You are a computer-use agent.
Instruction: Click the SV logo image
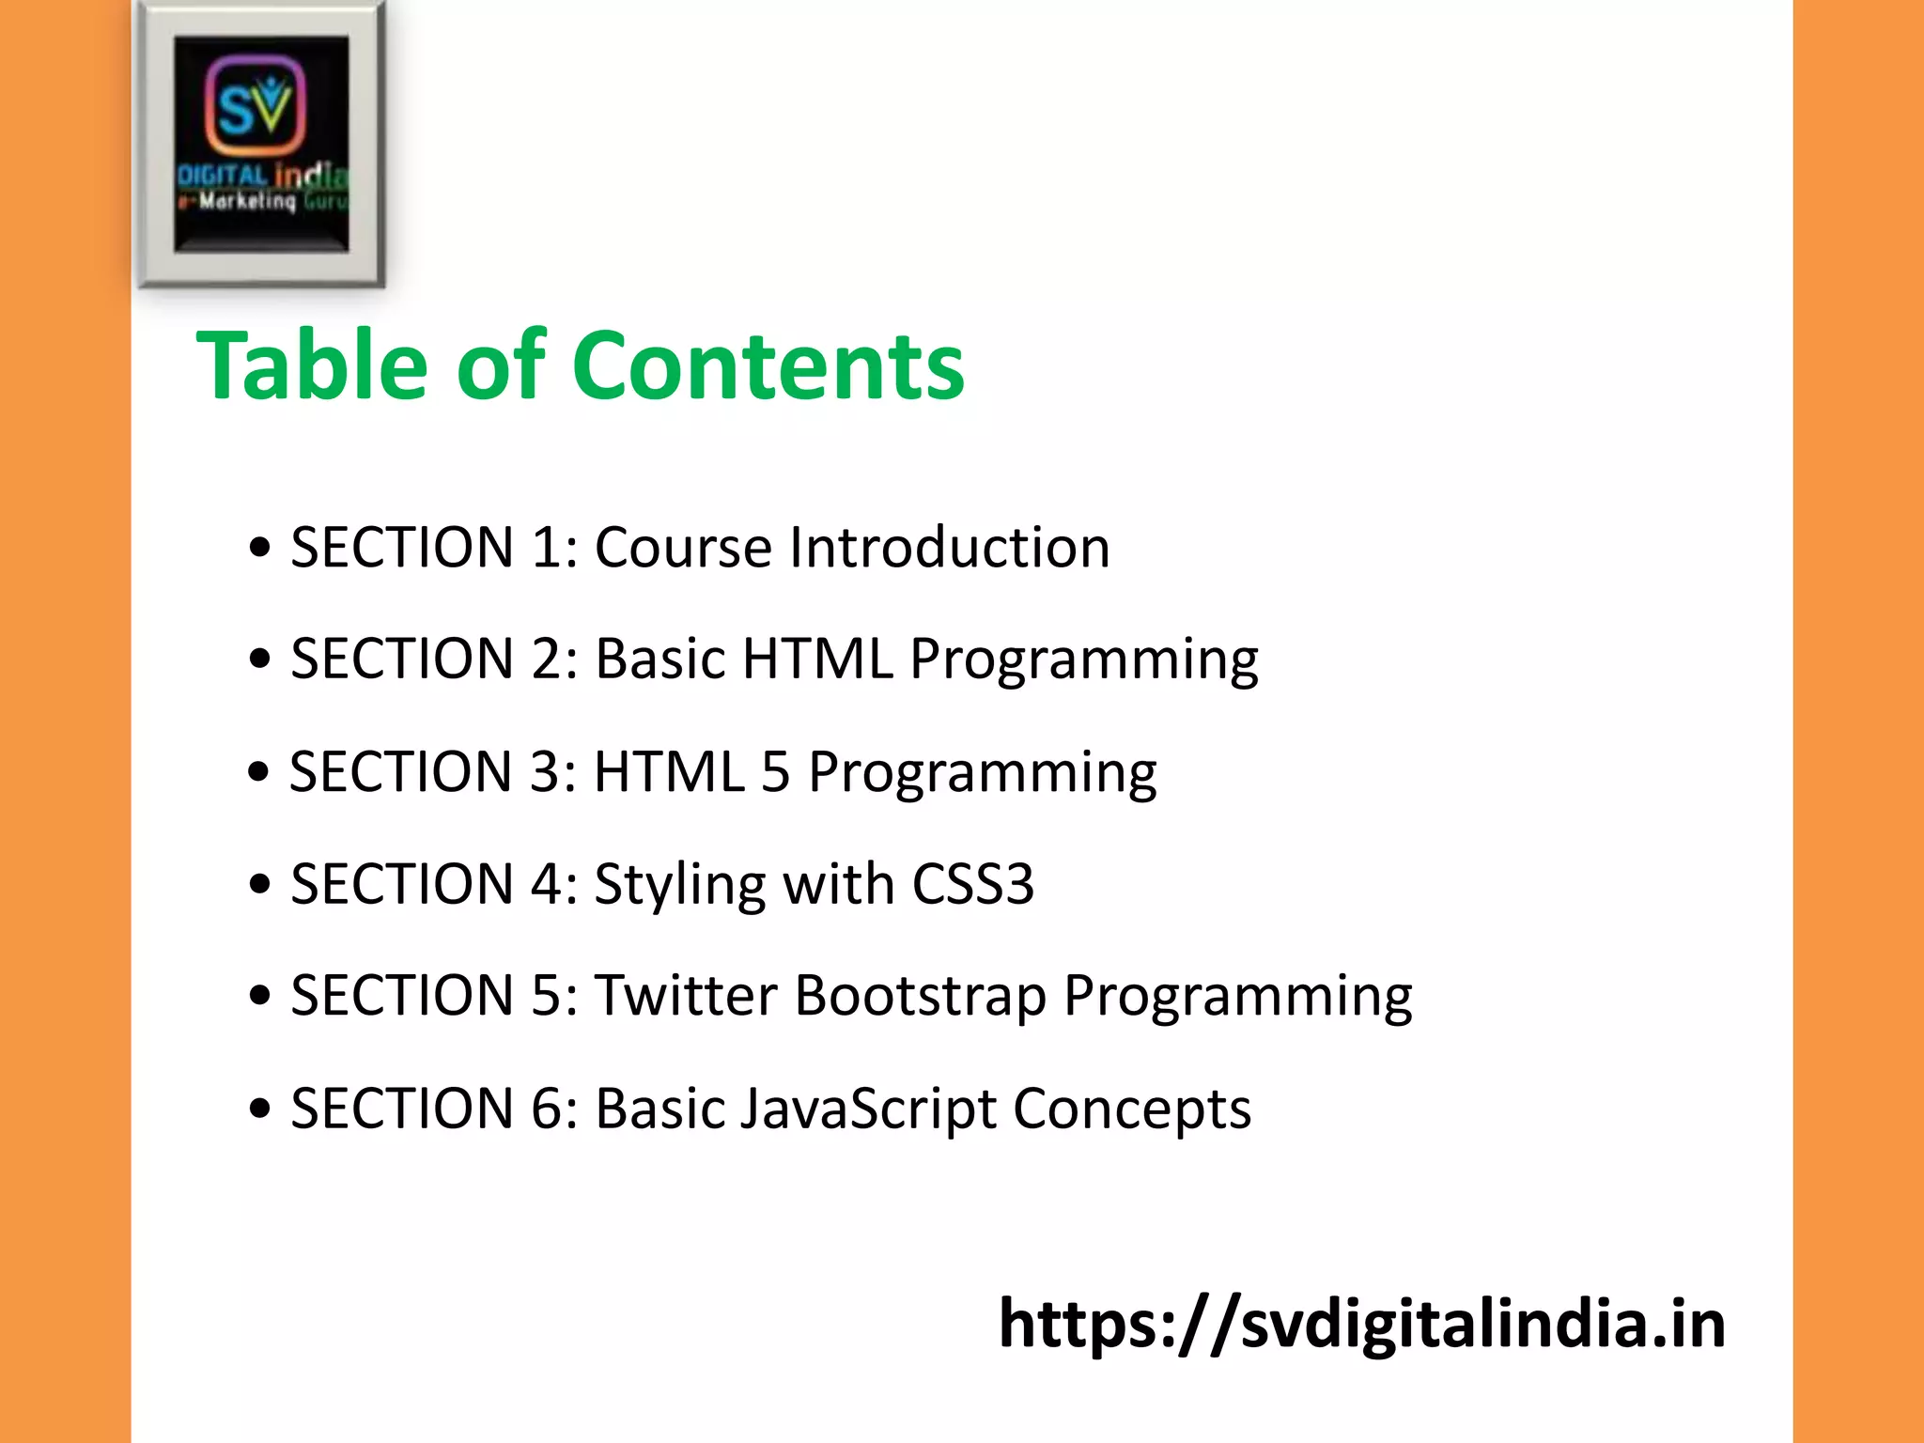[x=260, y=144]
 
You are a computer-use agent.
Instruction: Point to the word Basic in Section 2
[x=660, y=659]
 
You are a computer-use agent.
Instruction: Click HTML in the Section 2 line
[x=817, y=659]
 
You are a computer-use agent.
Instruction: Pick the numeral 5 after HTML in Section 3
[x=775, y=772]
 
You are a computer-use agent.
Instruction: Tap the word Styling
[x=680, y=885]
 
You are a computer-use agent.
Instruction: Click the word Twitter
[x=686, y=996]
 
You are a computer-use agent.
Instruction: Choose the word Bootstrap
[x=921, y=996]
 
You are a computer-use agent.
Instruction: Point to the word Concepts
[x=1131, y=1109]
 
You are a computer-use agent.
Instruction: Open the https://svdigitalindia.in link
[x=1361, y=1324]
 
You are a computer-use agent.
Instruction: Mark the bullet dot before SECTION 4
[x=260, y=885]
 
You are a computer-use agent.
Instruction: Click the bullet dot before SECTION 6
[x=260, y=1109]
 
